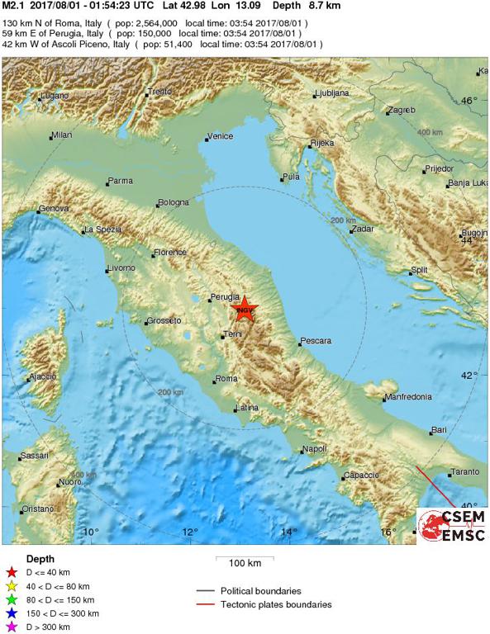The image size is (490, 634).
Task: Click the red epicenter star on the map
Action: point(244,310)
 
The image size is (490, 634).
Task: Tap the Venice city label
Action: point(221,136)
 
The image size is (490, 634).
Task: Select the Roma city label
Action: point(226,379)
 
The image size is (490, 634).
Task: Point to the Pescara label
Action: point(316,340)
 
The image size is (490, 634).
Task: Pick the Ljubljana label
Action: point(334,93)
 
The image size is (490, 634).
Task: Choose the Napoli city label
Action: point(315,449)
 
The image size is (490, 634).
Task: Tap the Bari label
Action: point(438,430)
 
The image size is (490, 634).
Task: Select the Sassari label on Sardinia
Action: point(34,456)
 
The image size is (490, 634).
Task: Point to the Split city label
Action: point(420,270)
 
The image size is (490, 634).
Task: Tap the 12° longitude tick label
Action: point(191,532)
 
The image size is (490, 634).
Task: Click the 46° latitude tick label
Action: point(469,101)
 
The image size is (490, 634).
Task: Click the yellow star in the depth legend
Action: point(12,586)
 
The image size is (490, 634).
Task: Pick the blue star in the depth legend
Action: point(12,613)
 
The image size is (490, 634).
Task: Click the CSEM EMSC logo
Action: point(452,525)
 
